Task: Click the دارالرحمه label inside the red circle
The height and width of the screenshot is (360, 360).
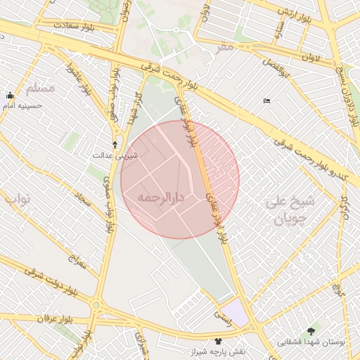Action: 161,198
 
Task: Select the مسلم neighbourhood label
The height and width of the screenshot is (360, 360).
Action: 40,89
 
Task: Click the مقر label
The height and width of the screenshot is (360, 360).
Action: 224,46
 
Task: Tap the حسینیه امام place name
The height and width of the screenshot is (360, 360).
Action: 24,106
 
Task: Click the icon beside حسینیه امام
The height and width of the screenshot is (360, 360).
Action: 11,96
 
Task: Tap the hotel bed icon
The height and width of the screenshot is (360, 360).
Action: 266,101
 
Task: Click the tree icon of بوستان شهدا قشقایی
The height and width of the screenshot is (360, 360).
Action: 311,330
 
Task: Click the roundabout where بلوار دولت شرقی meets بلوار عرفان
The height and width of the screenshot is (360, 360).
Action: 96,306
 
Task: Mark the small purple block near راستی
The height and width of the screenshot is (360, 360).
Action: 239,314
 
